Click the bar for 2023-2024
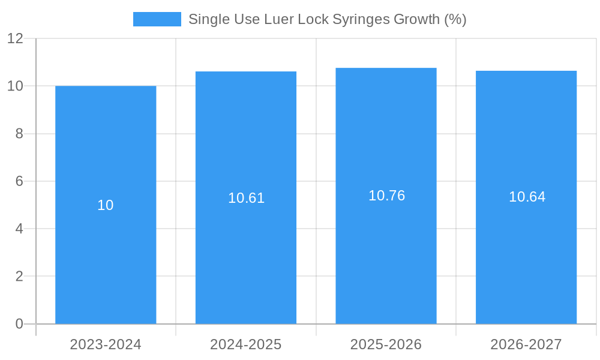106,252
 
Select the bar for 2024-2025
246,252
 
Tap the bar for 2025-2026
386,252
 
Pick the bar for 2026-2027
526,252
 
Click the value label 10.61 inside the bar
246,198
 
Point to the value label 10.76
386,196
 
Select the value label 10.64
527,197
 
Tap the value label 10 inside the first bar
106,205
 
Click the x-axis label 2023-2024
106,344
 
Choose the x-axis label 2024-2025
246,344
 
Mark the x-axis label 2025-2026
386,344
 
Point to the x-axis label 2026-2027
526,344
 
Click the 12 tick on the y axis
15,38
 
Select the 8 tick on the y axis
19,134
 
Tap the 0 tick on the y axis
19,324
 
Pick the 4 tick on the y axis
19,229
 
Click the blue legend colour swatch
157,19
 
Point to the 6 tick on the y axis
19,181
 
